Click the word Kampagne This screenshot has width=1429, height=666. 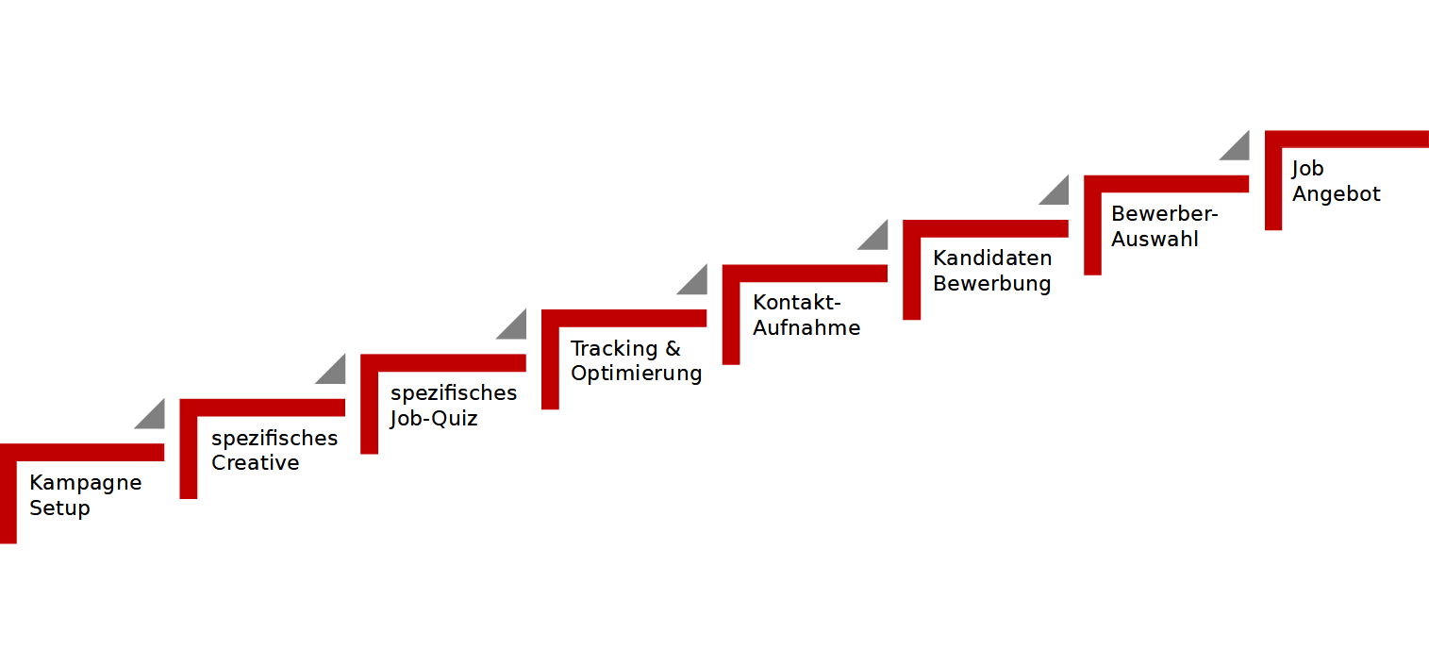86,484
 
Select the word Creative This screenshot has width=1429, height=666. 256,462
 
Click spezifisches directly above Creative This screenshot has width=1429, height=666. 274,439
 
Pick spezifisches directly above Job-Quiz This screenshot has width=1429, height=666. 454,393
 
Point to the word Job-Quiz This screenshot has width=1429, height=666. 434,419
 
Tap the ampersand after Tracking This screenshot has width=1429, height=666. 673,348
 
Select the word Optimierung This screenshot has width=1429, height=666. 636,374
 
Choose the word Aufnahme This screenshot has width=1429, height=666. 806,328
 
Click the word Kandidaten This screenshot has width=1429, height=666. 992,258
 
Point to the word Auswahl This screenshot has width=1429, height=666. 1155,240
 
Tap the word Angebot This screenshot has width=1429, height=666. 1336,194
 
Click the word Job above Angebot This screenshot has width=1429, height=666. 1307,169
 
